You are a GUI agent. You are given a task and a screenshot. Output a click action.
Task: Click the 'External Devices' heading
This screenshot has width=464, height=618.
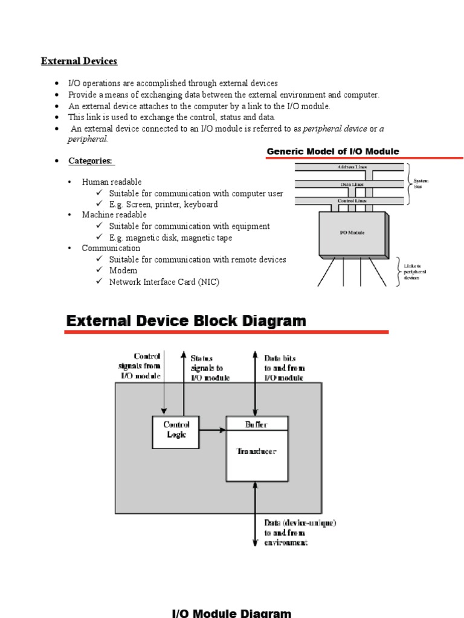pyautogui.click(x=79, y=61)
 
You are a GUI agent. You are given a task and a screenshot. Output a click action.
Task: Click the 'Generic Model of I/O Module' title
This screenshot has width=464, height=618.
pyautogui.click(x=333, y=151)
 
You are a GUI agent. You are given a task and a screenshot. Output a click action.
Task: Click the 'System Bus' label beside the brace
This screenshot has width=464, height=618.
pyautogui.click(x=421, y=183)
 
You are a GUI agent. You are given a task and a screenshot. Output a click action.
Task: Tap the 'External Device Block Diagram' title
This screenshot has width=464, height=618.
pyautogui.click(x=186, y=321)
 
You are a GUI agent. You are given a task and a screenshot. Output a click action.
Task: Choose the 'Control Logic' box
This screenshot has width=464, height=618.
pyautogui.click(x=176, y=430)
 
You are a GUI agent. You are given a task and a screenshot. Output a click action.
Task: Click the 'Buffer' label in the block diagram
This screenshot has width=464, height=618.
pyautogui.click(x=256, y=424)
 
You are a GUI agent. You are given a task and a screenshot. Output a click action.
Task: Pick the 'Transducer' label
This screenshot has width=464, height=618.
pyautogui.click(x=257, y=451)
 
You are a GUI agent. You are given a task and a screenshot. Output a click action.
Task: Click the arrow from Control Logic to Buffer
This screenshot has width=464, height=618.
pyautogui.click(x=212, y=430)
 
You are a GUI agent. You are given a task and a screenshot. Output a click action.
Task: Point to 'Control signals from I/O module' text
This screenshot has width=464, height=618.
pyautogui.click(x=140, y=366)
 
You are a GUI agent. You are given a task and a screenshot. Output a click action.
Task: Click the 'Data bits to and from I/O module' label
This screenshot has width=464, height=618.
pyautogui.click(x=285, y=368)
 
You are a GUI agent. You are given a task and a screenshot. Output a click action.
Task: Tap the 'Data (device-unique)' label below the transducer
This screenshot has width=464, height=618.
pyautogui.click(x=300, y=523)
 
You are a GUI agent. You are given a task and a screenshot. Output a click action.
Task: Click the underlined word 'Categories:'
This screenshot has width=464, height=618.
pyautogui.click(x=91, y=161)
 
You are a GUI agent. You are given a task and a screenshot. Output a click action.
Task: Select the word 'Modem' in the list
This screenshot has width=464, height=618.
pyautogui.click(x=123, y=270)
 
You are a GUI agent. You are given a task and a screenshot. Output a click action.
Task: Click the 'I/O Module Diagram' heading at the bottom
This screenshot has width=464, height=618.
pyautogui.click(x=232, y=613)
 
